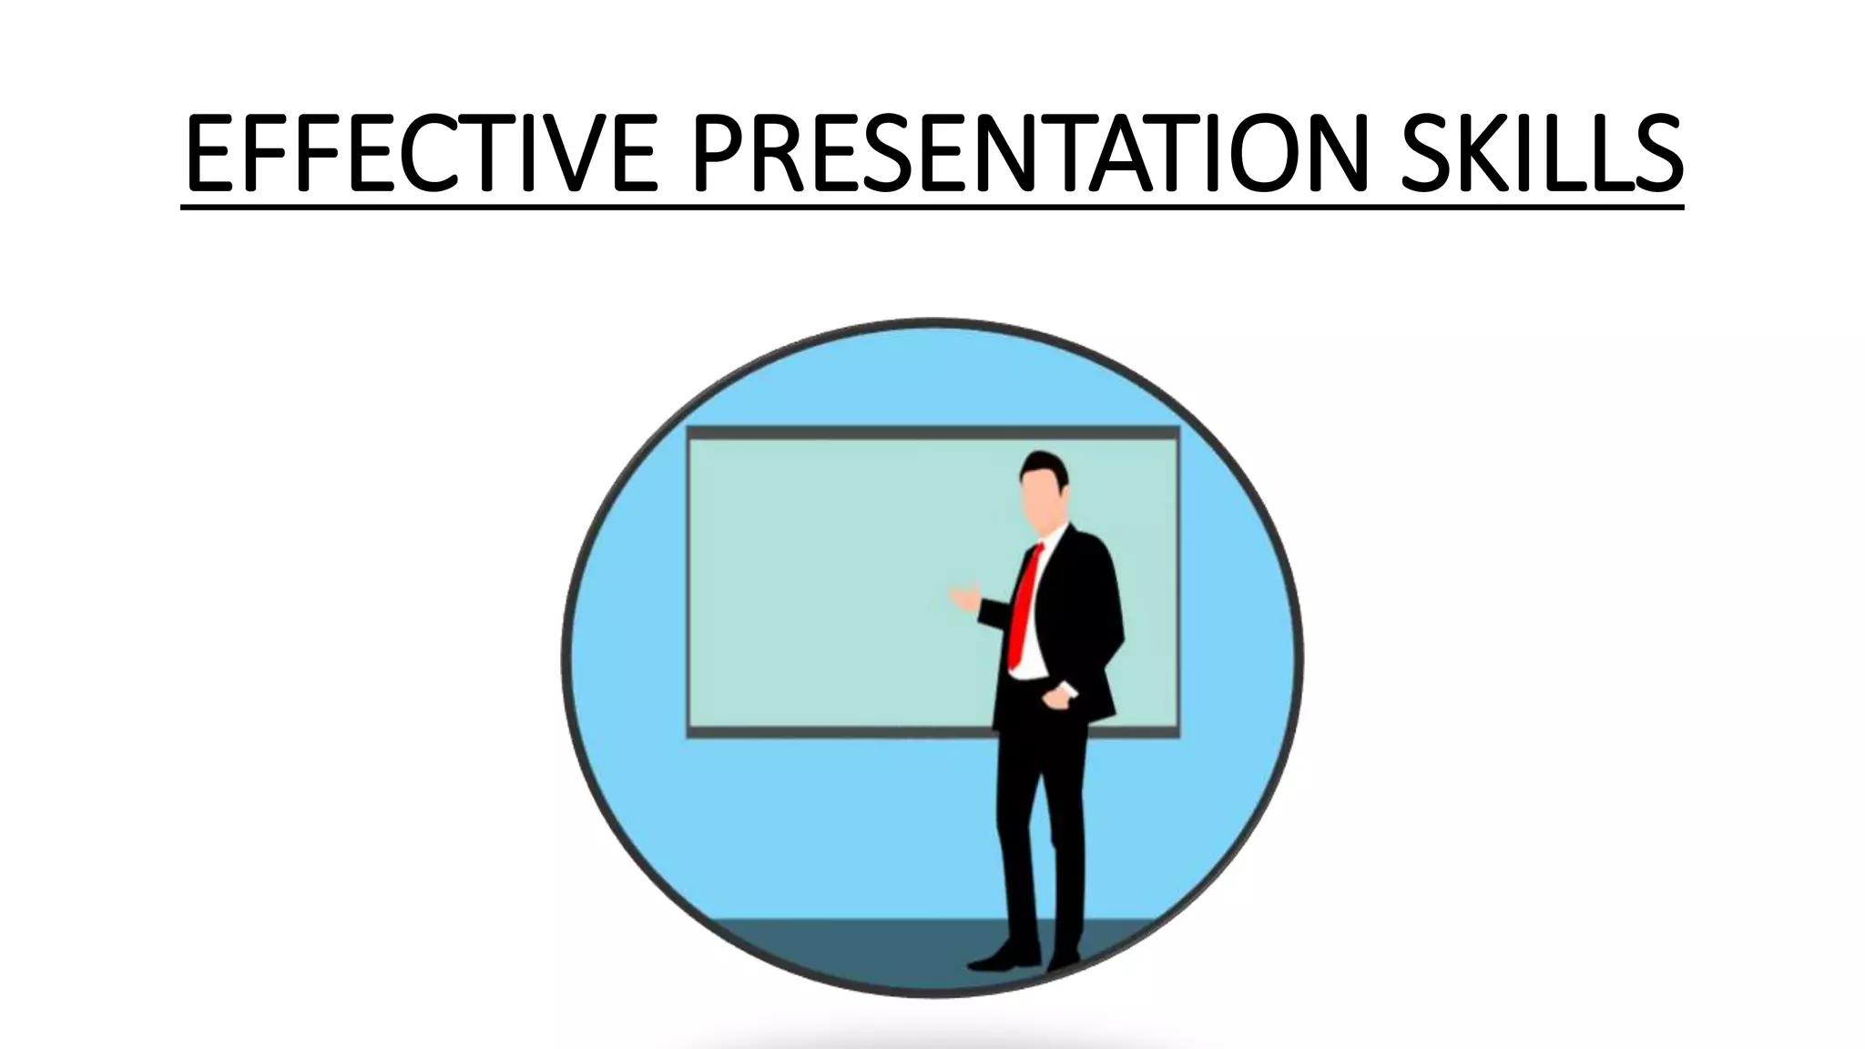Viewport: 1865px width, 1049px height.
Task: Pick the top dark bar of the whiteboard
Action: pos(932,433)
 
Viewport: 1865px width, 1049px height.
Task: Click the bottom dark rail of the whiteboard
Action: pos(838,731)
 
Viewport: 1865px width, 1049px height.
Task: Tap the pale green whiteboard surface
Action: pos(820,583)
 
